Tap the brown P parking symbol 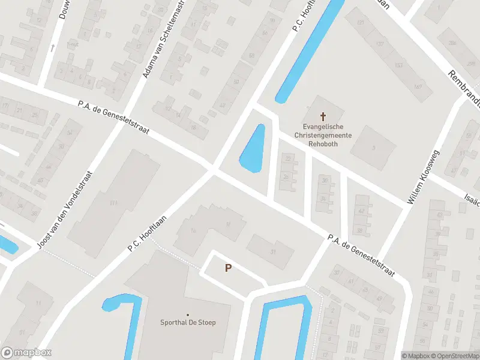(228, 268)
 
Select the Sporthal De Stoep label (188, 322)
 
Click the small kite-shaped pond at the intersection (253, 149)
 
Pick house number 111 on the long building (113, 202)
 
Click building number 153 (398, 65)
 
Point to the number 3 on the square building (373, 147)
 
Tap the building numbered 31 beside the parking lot (273, 251)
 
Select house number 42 (361, 211)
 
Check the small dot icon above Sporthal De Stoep (188, 314)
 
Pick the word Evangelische (323, 127)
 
